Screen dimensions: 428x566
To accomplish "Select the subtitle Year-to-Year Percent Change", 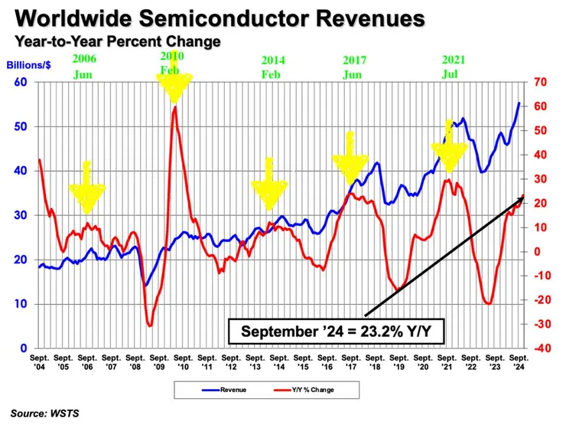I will pos(115,43).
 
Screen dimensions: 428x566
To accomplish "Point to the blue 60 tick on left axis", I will pos(22,83).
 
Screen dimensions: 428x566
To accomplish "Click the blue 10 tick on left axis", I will pos(22,304).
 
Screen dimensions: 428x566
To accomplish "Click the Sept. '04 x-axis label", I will pos(41,361).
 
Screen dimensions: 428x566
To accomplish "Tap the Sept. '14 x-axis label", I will pos(281,361).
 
